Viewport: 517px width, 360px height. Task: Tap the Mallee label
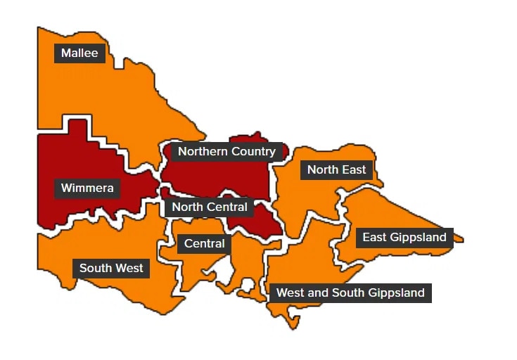[79, 53]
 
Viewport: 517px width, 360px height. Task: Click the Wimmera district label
[87, 188]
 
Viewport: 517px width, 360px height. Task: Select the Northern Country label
[226, 151]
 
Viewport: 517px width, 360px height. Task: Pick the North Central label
[210, 207]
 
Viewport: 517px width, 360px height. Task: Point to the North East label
[336, 169]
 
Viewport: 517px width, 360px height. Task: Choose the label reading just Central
[204, 244]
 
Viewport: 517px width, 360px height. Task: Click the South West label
[111, 268]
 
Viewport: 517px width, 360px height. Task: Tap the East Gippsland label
[404, 238]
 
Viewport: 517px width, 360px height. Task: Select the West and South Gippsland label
[350, 292]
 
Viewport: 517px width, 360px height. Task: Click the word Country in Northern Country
[253, 151]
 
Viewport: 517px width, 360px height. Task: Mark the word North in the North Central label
[188, 207]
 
